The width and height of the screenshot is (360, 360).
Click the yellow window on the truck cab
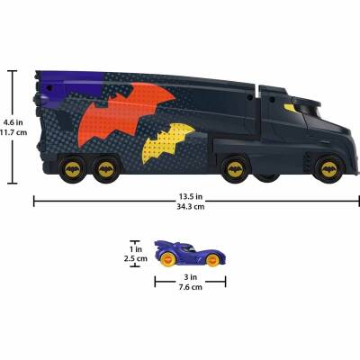292,109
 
